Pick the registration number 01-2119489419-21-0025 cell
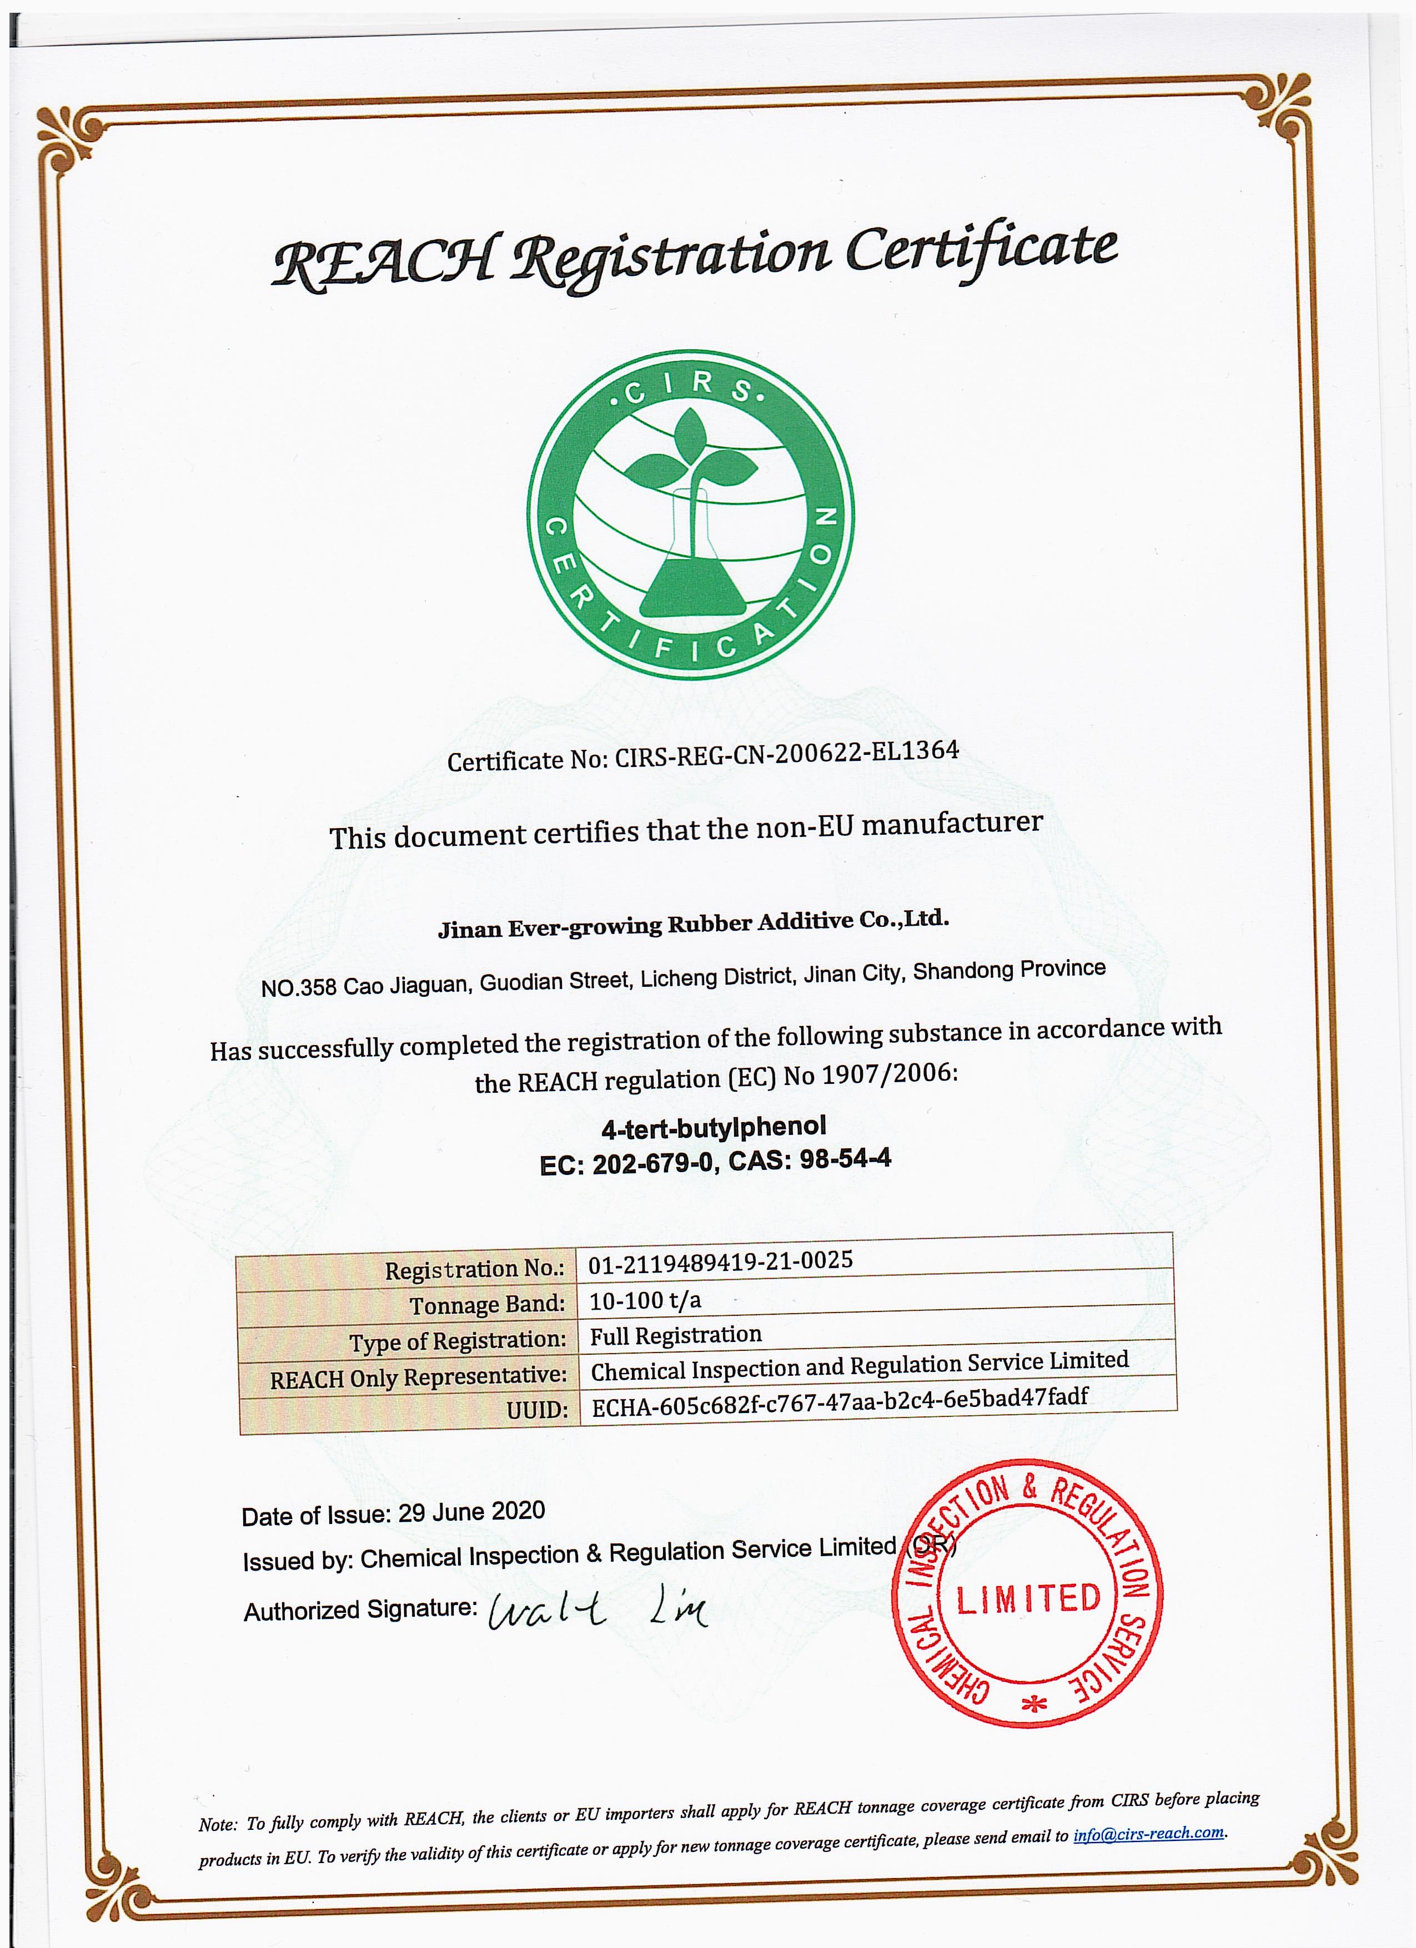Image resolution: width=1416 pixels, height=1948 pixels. click(720, 1261)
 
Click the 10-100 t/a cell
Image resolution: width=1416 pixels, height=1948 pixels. click(644, 1300)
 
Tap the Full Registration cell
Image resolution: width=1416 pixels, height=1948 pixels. click(675, 1336)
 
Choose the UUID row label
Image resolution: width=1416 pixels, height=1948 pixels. click(537, 1410)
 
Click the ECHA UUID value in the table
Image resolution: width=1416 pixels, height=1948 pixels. click(840, 1400)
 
